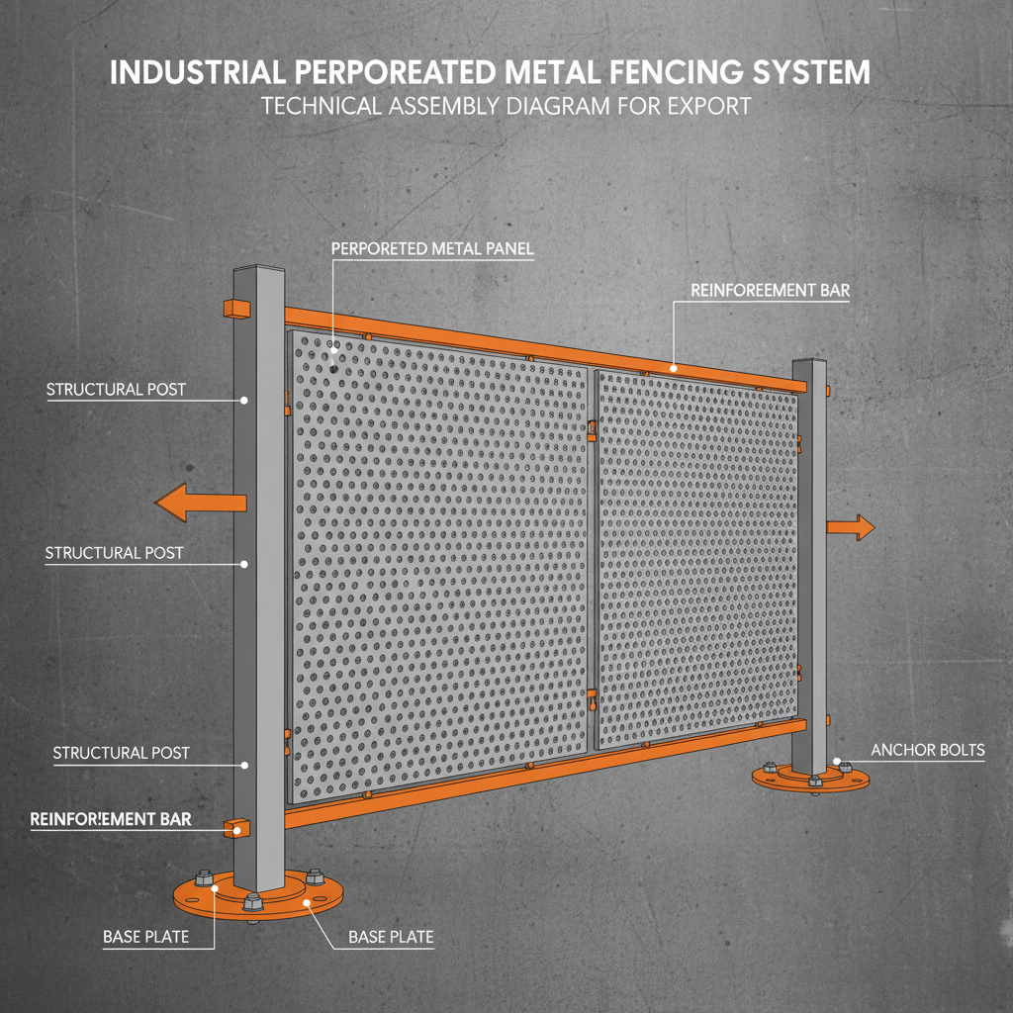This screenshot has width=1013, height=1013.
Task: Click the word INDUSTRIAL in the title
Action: coord(194,73)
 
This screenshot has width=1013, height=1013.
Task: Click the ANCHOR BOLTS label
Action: coord(927,750)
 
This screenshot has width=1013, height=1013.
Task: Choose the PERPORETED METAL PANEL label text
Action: coord(431,249)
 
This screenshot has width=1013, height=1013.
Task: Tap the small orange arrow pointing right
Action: coord(853,527)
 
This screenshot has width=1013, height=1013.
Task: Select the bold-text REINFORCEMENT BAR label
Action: coord(110,819)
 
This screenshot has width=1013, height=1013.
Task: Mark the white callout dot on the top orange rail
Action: coord(674,368)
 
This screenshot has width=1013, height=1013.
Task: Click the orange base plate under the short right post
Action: coord(811,782)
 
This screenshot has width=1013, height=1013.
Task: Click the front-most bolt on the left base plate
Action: coord(252,901)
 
